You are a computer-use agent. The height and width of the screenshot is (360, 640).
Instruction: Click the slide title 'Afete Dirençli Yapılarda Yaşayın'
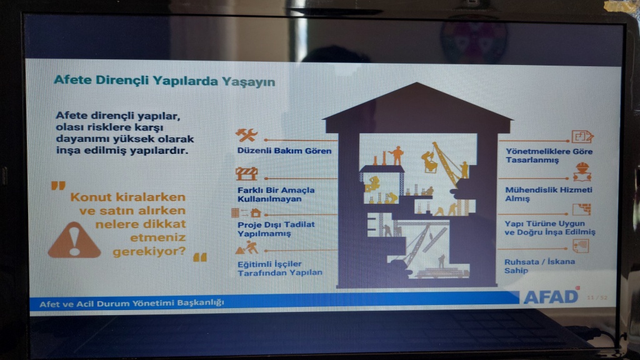click(164, 81)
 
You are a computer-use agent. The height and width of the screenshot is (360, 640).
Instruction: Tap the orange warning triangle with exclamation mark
click(74, 241)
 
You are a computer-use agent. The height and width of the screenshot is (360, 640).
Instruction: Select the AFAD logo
click(551, 296)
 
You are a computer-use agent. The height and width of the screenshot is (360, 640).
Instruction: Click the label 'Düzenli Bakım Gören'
click(284, 151)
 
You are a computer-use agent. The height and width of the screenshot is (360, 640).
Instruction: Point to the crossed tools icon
click(246, 135)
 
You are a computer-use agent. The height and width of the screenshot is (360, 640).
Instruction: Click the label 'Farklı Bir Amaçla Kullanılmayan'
click(276, 194)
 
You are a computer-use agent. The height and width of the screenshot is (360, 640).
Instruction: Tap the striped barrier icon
click(246, 174)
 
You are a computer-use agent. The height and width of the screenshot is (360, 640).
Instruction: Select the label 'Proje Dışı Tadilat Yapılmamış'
click(276, 229)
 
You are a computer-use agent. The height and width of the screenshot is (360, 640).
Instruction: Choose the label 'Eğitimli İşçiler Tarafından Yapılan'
click(279, 268)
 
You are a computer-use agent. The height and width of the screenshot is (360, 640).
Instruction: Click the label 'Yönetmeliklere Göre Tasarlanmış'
click(549, 156)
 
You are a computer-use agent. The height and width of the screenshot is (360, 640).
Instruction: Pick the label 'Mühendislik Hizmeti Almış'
click(548, 194)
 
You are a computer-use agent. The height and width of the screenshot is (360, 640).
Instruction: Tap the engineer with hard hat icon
click(582, 172)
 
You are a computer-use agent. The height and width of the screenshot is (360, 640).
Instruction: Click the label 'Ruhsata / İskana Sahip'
click(539, 266)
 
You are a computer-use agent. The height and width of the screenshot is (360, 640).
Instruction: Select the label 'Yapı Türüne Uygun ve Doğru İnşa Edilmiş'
click(550, 227)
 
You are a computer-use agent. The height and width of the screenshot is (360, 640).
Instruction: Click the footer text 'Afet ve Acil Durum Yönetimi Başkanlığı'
click(131, 303)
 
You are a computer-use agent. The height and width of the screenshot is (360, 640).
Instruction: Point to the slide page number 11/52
click(597, 297)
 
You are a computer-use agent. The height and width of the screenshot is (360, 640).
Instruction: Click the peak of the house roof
click(417, 83)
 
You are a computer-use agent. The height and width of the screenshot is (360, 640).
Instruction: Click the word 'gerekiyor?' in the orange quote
click(149, 251)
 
